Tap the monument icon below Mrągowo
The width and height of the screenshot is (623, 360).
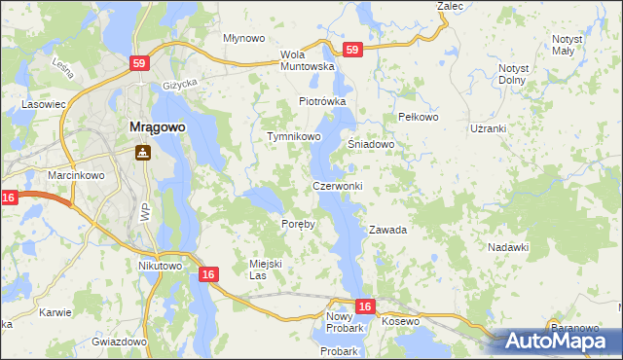click(x=142, y=152)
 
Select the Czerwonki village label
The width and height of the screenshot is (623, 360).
click(x=337, y=186)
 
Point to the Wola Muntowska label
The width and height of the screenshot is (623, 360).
click(x=307, y=60)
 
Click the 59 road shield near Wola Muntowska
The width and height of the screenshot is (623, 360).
click(x=352, y=50)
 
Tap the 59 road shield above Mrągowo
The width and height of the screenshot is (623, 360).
click(x=139, y=63)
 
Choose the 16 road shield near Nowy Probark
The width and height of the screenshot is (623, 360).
click(x=364, y=306)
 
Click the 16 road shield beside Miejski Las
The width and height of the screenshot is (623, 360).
click(x=207, y=275)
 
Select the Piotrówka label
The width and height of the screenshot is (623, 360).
click(x=322, y=101)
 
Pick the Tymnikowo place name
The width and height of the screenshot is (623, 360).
click(x=294, y=137)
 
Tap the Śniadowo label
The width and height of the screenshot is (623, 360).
click(x=371, y=144)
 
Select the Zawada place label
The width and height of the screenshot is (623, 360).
click(x=386, y=231)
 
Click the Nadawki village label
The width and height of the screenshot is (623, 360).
click(x=507, y=247)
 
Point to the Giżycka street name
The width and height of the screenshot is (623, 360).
click(x=181, y=85)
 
